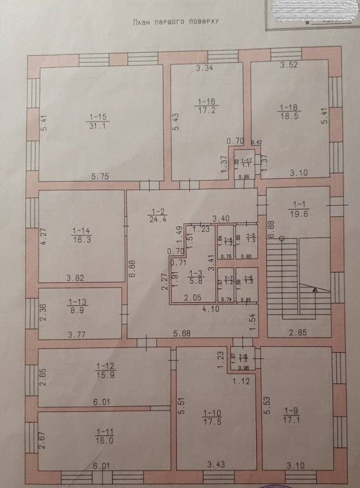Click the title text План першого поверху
coord(175,22)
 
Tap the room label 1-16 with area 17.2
coord(206,105)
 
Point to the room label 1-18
coord(290,109)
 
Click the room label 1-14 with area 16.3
coord(81,234)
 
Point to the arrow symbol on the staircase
coord(314,290)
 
